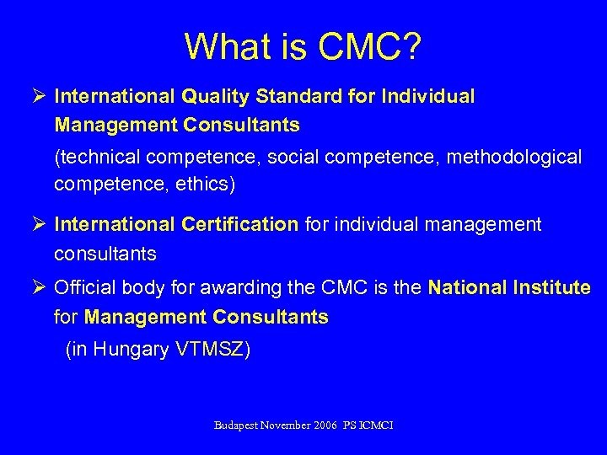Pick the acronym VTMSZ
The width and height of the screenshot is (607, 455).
pyautogui.click(x=210, y=350)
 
